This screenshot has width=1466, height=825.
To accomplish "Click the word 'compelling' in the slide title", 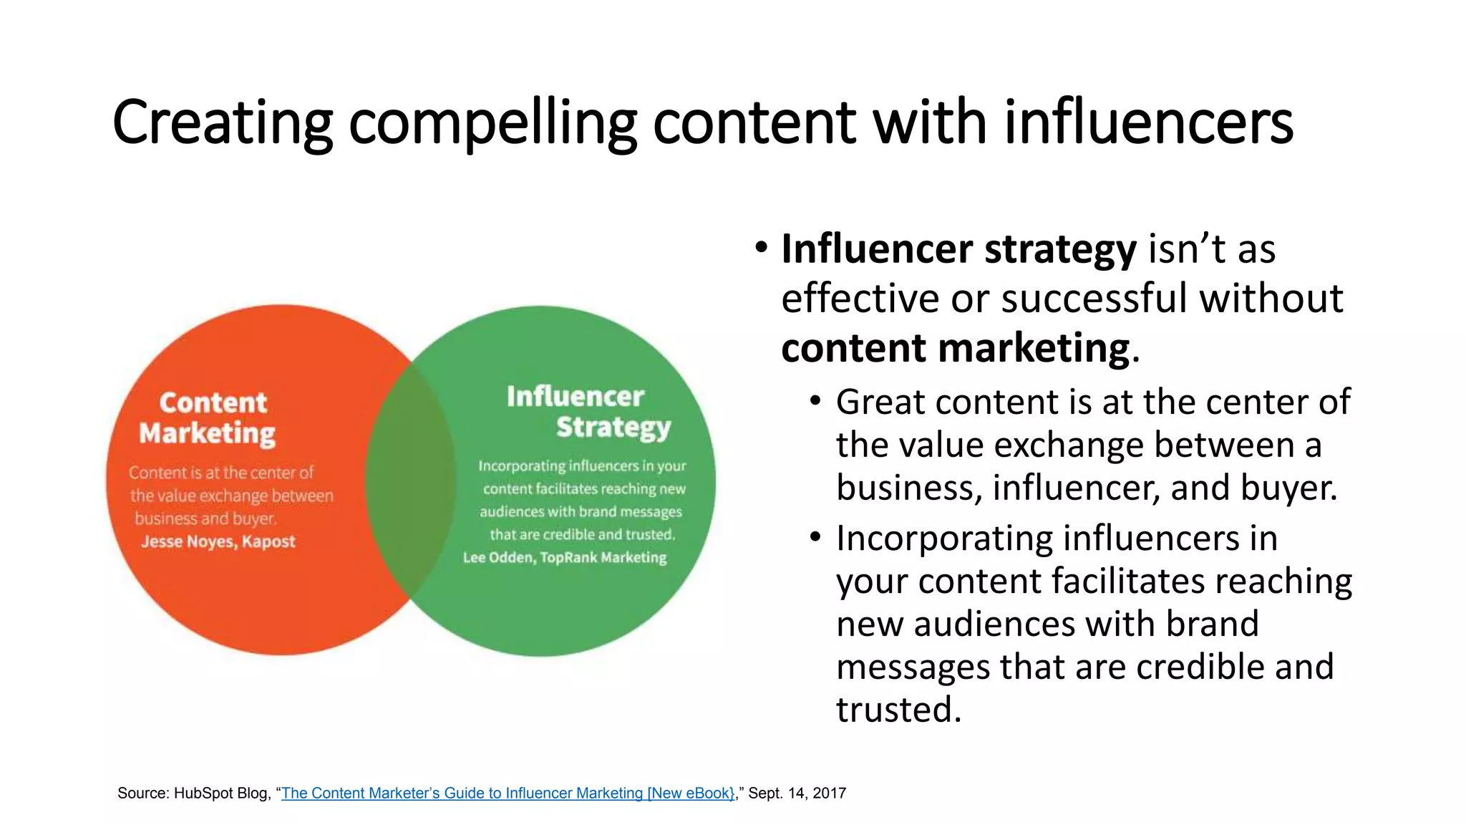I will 492,123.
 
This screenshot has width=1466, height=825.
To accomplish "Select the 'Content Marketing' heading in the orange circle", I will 208,418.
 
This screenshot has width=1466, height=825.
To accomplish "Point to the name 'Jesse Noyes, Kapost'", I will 218,541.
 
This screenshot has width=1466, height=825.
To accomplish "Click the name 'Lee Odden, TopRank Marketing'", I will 565,557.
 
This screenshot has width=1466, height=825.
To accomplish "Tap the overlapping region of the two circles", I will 410,480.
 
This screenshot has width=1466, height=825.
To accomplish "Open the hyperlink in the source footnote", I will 508,793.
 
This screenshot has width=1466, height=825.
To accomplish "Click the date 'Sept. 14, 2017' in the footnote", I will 797,793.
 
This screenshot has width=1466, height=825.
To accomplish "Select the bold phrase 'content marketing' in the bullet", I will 955,349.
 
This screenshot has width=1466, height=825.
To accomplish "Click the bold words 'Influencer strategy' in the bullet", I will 958,249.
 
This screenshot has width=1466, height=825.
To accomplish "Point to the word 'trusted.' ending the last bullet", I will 898,710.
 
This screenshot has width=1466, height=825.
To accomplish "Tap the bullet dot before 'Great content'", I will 815,401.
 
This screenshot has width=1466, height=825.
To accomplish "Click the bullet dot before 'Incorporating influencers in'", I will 815,537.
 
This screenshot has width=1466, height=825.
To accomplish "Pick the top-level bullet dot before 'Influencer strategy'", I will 761,249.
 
